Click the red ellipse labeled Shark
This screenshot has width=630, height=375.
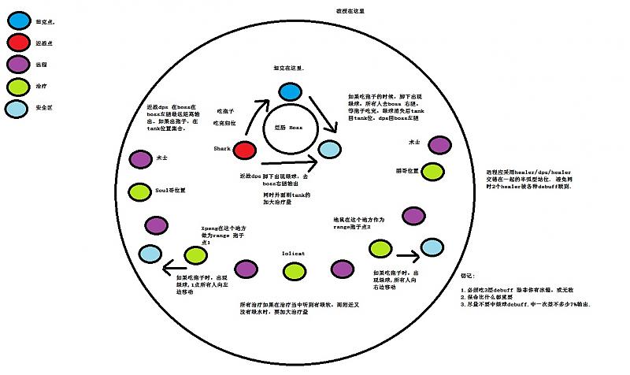click(246, 149)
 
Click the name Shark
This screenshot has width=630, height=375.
click(220, 149)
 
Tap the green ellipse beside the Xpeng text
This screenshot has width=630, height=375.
click(195, 254)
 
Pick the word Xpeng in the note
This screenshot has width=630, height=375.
click(209, 227)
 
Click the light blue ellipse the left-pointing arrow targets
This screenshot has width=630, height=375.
click(150, 254)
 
